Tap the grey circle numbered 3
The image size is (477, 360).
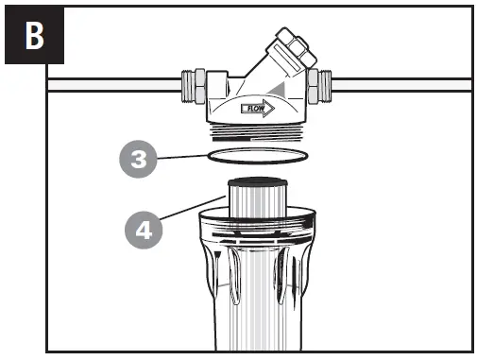click(139, 159)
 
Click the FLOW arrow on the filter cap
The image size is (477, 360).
click(256, 109)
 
